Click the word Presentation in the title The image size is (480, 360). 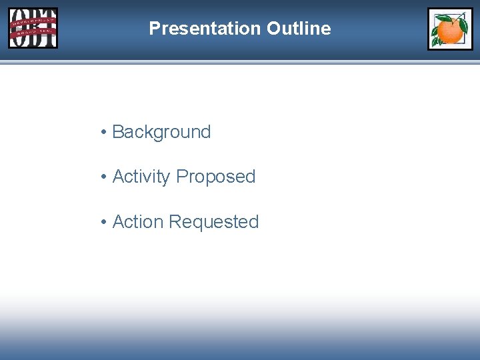pos(205,29)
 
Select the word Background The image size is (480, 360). pos(161,132)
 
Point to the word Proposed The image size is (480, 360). pos(216,177)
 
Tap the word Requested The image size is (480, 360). pos(214,221)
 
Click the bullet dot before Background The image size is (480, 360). pos(104,133)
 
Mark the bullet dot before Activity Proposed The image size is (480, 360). pos(104,177)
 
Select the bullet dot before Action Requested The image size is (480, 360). pos(104,222)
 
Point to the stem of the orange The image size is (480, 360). pos(452,19)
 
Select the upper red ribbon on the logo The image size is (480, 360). pos(33,21)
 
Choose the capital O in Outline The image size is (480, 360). pos(273,29)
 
